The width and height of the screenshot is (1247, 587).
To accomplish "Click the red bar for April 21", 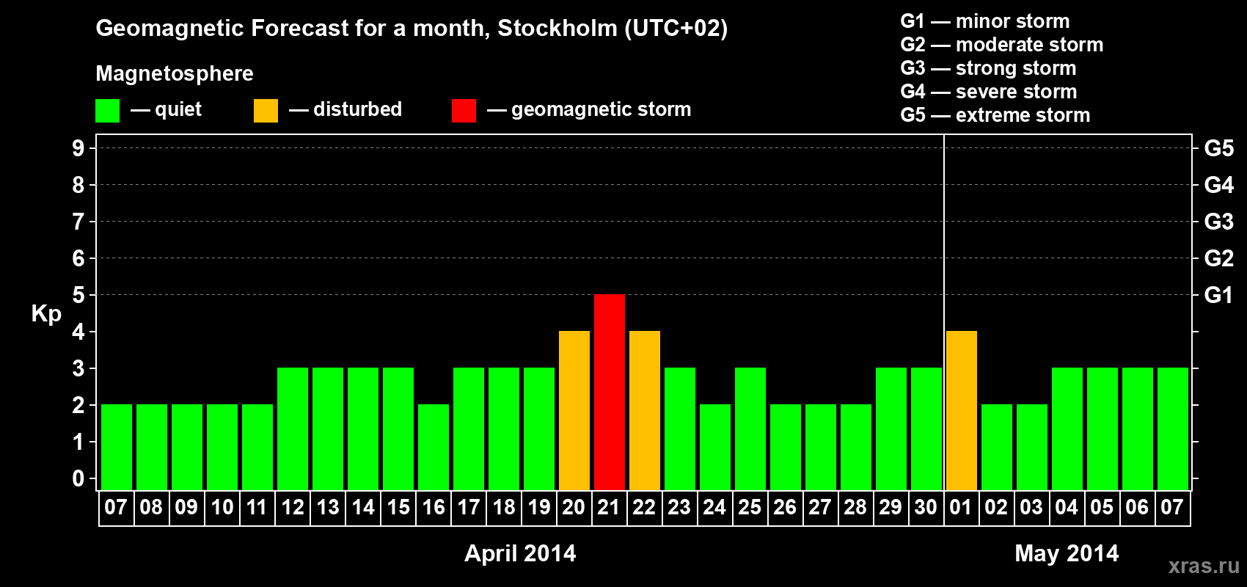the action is [x=610, y=392].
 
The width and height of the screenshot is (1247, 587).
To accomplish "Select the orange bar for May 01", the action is [x=962, y=410].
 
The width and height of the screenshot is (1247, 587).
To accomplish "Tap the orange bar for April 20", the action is [x=574, y=410].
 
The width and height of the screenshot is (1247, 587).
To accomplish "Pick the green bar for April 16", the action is [x=434, y=447].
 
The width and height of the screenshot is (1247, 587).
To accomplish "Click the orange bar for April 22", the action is [x=645, y=410].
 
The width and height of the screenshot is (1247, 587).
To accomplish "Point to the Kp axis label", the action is [x=46, y=314].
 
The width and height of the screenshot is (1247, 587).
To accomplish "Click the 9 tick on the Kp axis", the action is [x=78, y=148].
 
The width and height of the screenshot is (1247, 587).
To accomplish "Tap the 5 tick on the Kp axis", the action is [x=78, y=295].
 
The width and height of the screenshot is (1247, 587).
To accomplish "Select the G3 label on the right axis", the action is [x=1219, y=222].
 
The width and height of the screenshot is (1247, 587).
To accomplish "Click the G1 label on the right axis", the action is [x=1219, y=295].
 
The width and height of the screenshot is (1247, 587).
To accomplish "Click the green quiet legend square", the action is [x=107, y=110].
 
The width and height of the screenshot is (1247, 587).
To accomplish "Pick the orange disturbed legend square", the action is [x=266, y=110].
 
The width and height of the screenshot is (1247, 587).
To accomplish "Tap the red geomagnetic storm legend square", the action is [x=464, y=110].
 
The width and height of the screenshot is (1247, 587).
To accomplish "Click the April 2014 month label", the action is [x=520, y=553].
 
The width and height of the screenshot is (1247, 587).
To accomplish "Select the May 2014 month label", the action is [x=1067, y=553].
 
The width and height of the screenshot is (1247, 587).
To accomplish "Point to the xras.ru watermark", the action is [x=1204, y=566].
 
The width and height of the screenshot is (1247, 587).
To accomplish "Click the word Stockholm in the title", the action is [x=557, y=28].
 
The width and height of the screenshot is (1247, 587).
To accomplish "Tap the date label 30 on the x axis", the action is [x=926, y=507].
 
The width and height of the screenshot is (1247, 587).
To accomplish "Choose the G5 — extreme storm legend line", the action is [x=995, y=115].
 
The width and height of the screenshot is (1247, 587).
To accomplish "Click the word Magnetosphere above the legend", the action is [x=175, y=73].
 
